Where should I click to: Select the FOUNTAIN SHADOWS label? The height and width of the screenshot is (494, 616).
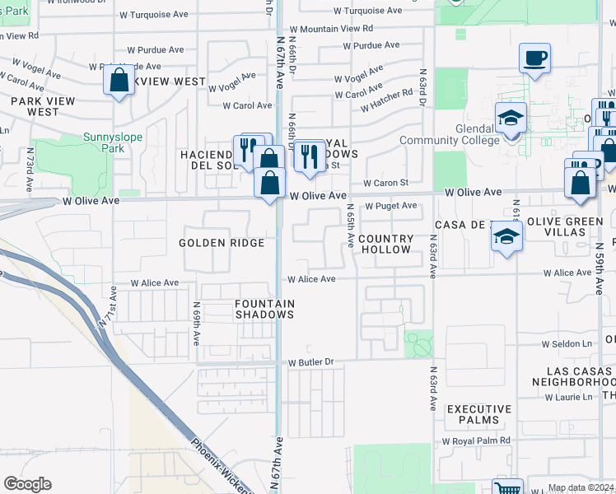tap(264, 309)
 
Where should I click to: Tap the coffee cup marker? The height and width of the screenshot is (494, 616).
tap(534, 59)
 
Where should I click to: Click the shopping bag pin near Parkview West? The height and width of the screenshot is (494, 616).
tap(119, 81)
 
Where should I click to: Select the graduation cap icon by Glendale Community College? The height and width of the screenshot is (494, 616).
tap(511, 119)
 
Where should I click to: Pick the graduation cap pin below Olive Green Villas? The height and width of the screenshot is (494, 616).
tap(507, 238)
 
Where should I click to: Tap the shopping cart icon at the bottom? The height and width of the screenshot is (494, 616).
tap(507, 488)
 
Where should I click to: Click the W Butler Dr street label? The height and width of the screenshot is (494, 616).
tap(310, 362)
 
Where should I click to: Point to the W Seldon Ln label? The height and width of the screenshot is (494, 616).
tap(567, 344)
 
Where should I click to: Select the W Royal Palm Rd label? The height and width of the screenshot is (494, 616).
tap(476, 440)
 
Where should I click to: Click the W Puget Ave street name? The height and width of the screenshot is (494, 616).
tap(391, 206)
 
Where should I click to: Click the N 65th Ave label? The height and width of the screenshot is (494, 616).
tap(349, 226)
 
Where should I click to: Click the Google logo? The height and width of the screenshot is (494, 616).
tap(27, 484)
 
